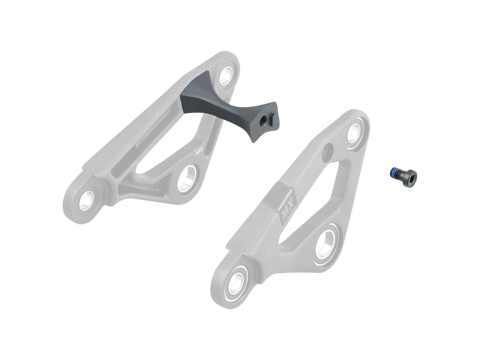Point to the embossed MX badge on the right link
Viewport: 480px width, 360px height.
(286, 213)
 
